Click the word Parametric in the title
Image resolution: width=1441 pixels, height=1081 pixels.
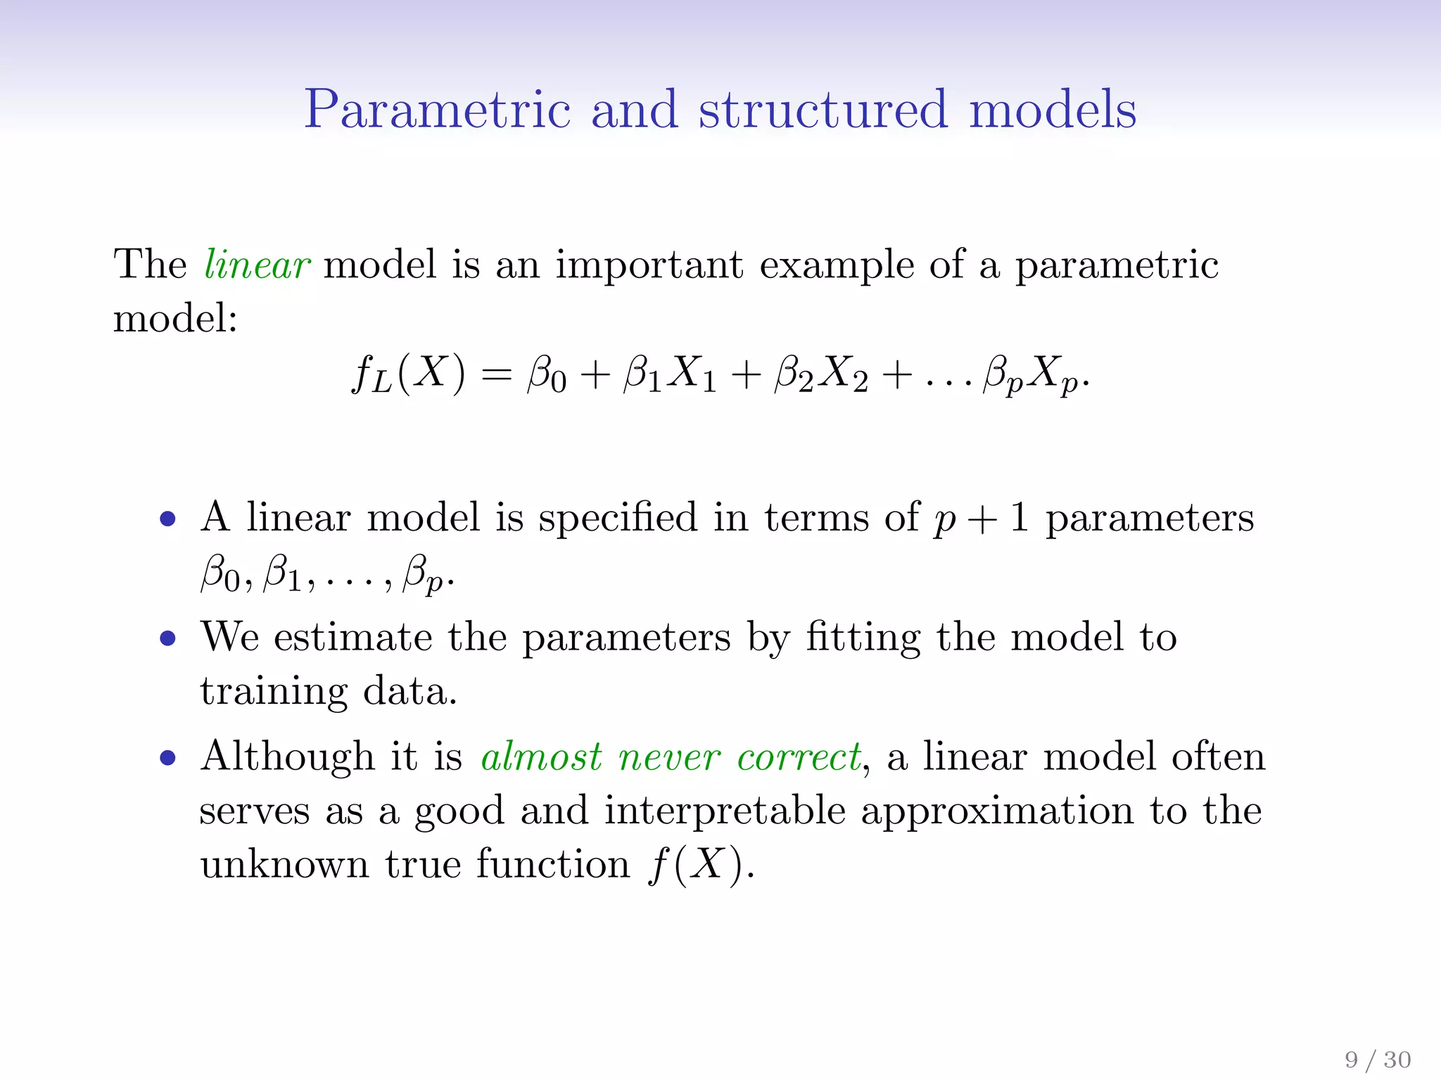437,110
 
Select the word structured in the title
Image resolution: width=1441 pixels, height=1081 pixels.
823,110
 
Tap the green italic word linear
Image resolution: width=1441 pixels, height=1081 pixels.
257,265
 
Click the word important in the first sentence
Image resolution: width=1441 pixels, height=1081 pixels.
649,266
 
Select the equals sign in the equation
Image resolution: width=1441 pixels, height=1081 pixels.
497,374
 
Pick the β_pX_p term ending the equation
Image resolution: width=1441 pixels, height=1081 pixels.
1030,374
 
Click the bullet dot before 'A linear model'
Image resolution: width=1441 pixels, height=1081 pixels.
167,519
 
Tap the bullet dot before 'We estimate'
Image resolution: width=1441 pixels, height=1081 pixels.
167,638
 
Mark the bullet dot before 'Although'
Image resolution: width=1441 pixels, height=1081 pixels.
167,758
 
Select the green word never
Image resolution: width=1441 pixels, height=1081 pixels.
669,758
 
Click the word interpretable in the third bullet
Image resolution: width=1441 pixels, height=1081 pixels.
725,811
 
